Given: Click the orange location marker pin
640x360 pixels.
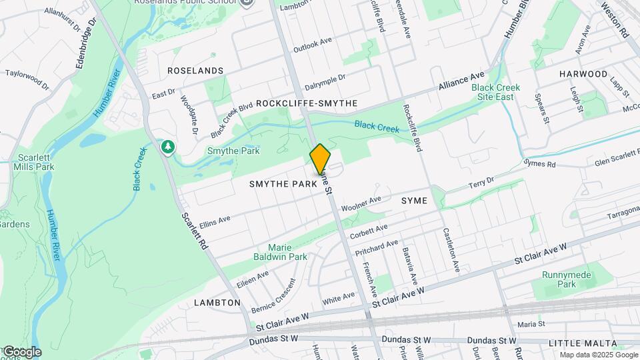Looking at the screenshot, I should tap(320, 159).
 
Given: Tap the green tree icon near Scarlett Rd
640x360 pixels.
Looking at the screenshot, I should tap(169, 146).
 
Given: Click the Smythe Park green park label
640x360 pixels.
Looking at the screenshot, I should tap(233, 151).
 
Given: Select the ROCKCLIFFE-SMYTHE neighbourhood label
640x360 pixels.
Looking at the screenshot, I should tap(307, 103).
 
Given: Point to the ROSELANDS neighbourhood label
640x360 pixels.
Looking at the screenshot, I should tap(195, 71).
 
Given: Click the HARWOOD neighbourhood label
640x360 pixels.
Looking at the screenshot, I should tap(583, 74).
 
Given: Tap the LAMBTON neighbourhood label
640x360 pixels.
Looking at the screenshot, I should tap(217, 303).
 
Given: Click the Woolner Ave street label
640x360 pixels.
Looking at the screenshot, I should tap(361, 203).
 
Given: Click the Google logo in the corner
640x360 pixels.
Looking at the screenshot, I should tap(21, 351).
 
